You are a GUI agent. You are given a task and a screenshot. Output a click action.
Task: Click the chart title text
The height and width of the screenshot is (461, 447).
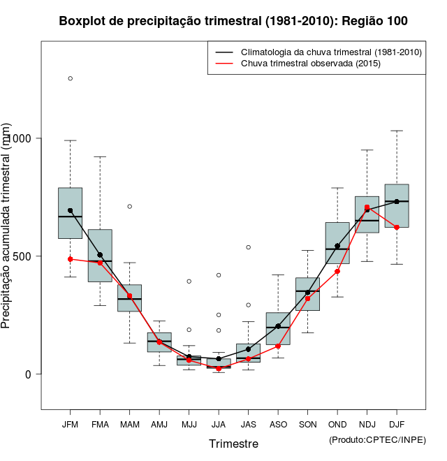click(x=233, y=22)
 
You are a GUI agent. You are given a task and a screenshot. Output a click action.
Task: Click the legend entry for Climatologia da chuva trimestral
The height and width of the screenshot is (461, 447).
click(x=330, y=52)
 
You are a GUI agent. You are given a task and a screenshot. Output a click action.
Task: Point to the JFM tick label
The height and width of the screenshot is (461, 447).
click(x=70, y=424)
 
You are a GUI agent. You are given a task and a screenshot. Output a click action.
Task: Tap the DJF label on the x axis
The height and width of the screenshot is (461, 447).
click(x=397, y=424)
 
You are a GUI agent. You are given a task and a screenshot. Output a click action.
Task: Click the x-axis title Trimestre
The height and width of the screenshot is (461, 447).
click(x=233, y=444)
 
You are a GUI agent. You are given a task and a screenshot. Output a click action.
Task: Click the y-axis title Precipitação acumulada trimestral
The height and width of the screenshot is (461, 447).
click(x=7, y=227)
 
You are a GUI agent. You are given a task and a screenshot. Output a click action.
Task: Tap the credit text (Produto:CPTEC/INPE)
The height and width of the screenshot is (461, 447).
click(x=376, y=439)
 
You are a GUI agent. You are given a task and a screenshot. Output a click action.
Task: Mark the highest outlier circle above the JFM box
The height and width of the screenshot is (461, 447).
click(x=70, y=78)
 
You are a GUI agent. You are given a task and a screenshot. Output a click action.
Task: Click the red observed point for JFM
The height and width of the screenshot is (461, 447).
click(x=70, y=259)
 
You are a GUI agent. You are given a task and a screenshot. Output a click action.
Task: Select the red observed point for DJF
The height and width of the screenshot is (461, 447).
click(x=397, y=227)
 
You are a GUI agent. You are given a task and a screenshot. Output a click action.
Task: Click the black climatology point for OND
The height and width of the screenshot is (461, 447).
click(x=337, y=246)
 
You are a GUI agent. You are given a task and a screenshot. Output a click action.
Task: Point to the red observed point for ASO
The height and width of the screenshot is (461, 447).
click(x=278, y=346)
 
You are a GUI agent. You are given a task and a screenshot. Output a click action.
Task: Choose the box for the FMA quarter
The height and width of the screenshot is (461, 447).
click(x=100, y=255)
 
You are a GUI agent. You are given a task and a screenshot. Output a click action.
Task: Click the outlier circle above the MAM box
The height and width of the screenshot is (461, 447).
click(x=129, y=206)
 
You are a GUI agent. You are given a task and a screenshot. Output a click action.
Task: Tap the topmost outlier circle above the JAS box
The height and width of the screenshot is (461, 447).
click(x=248, y=247)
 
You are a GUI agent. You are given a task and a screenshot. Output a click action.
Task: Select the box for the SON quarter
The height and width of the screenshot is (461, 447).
click(x=307, y=294)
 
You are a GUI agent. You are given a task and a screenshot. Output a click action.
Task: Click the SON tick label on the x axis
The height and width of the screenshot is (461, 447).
click(x=307, y=424)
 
